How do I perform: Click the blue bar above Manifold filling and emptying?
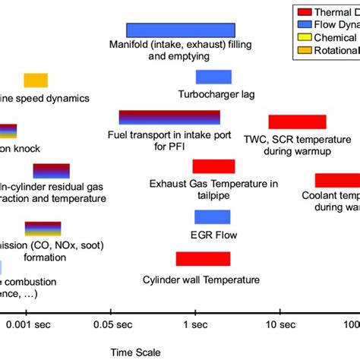[x=180, y=30]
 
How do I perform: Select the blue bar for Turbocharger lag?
[x=213, y=77]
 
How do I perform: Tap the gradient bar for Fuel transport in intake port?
[x=169, y=117]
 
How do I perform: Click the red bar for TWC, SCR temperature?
[x=297, y=122]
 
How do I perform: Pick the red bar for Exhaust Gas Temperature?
[x=213, y=166]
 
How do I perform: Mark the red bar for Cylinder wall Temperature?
[x=203, y=259]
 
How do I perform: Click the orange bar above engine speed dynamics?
[x=36, y=81]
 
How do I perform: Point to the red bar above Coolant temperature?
[x=337, y=180]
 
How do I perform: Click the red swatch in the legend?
[x=304, y=11]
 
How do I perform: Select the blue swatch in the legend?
[x=304, y=25]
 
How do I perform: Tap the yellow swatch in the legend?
[x=304, y=39]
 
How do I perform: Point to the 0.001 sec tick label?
[x=28, y=325]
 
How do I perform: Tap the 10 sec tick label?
[x=279, y=325]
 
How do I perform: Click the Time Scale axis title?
[x=134, y=352]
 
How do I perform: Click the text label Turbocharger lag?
[x=216, y=95]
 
